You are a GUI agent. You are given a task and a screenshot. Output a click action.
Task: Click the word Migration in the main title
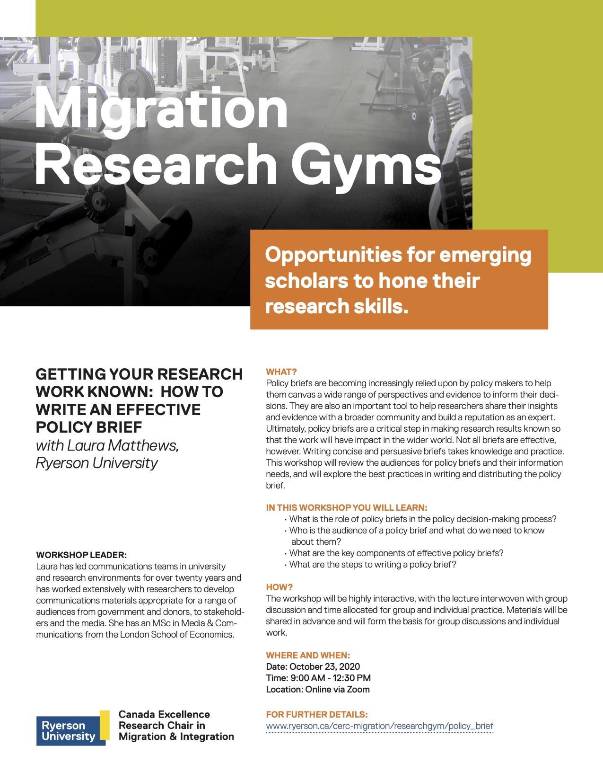pos(161,110)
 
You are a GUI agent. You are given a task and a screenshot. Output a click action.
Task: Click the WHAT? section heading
pos(281,372)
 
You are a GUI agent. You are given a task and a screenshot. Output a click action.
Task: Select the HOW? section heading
pos(280,587)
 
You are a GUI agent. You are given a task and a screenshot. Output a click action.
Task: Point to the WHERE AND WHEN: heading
pos(308,655)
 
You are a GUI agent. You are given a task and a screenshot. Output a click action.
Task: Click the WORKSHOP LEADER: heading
pos(81,555)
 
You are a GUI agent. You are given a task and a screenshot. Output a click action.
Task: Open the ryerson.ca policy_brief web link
pos(379,726)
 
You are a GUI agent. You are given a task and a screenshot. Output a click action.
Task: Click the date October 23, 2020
pos(324,666)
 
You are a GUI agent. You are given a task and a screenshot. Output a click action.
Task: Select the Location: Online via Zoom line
pos(318,689)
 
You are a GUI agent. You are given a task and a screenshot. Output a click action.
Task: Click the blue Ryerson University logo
pos(71,730)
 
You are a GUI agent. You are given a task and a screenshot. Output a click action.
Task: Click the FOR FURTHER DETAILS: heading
pos(317,714)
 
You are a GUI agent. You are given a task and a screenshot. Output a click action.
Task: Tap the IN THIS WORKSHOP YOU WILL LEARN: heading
pos(347,507)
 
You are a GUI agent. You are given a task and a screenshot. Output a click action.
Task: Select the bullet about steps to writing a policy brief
pos(373,564)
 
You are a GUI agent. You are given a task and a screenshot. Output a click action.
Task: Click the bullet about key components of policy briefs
pos(396,553)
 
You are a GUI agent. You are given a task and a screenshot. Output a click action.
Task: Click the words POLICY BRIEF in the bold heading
pos(89,427)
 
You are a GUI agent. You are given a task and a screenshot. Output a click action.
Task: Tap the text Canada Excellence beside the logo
pos(164,714)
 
